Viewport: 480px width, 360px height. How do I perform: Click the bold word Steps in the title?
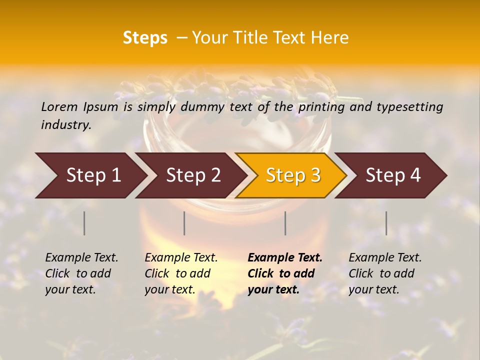click(x=145, y=38)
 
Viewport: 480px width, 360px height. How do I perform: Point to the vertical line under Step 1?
click(x=84, y=223)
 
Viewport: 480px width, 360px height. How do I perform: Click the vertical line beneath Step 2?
click(x=184, y=223)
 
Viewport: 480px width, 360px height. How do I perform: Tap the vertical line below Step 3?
click(x=285, y=223)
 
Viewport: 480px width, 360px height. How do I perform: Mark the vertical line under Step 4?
click(x=386, y=223)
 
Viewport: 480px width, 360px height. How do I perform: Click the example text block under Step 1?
click(x=81, y=273)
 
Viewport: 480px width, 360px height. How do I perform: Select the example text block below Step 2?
click(x=181, y=273)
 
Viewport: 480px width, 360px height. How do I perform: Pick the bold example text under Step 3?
click(x=284, y=273)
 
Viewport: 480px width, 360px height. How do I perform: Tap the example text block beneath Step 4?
click(x=385, y=273)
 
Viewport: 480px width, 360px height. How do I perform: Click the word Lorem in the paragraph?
click(x=59, y=106)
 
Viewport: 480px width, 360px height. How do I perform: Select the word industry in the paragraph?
click(x=65, y=124)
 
